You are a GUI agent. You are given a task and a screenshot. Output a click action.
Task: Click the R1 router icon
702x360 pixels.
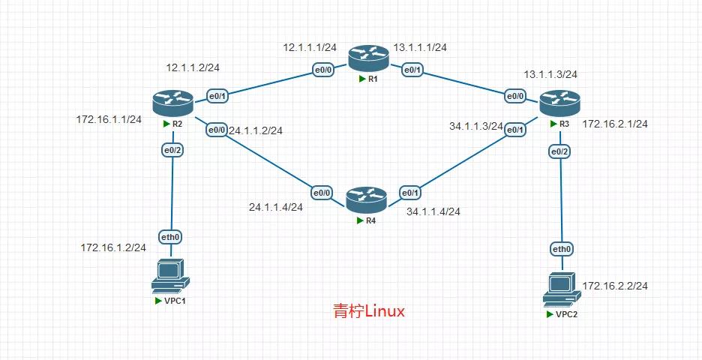coord(364,57)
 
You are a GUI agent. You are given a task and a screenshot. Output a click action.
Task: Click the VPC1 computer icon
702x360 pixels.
coord(170,276)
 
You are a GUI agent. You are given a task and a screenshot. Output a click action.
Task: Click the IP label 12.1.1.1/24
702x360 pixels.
coord(310,47)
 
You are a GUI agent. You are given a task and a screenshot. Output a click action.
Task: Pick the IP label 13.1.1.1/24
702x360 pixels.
coord(420,47)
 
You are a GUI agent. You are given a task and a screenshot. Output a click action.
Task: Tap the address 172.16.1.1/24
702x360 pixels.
coord(109,119)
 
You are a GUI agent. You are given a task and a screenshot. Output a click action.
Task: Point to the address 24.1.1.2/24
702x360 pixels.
coord(256,130)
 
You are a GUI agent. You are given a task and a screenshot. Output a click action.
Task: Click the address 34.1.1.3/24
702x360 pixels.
coord(476,126)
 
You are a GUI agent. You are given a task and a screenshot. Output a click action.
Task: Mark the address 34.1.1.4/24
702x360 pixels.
coord(433,211)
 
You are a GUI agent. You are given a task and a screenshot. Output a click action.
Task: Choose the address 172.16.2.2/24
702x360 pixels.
coord(615,286)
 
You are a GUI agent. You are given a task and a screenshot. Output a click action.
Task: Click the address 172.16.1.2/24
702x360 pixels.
coord(113,247)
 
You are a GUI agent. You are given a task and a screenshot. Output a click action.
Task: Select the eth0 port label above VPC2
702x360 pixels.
coord(562,249)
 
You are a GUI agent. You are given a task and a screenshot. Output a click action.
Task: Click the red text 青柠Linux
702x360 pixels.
coord(368,311)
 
